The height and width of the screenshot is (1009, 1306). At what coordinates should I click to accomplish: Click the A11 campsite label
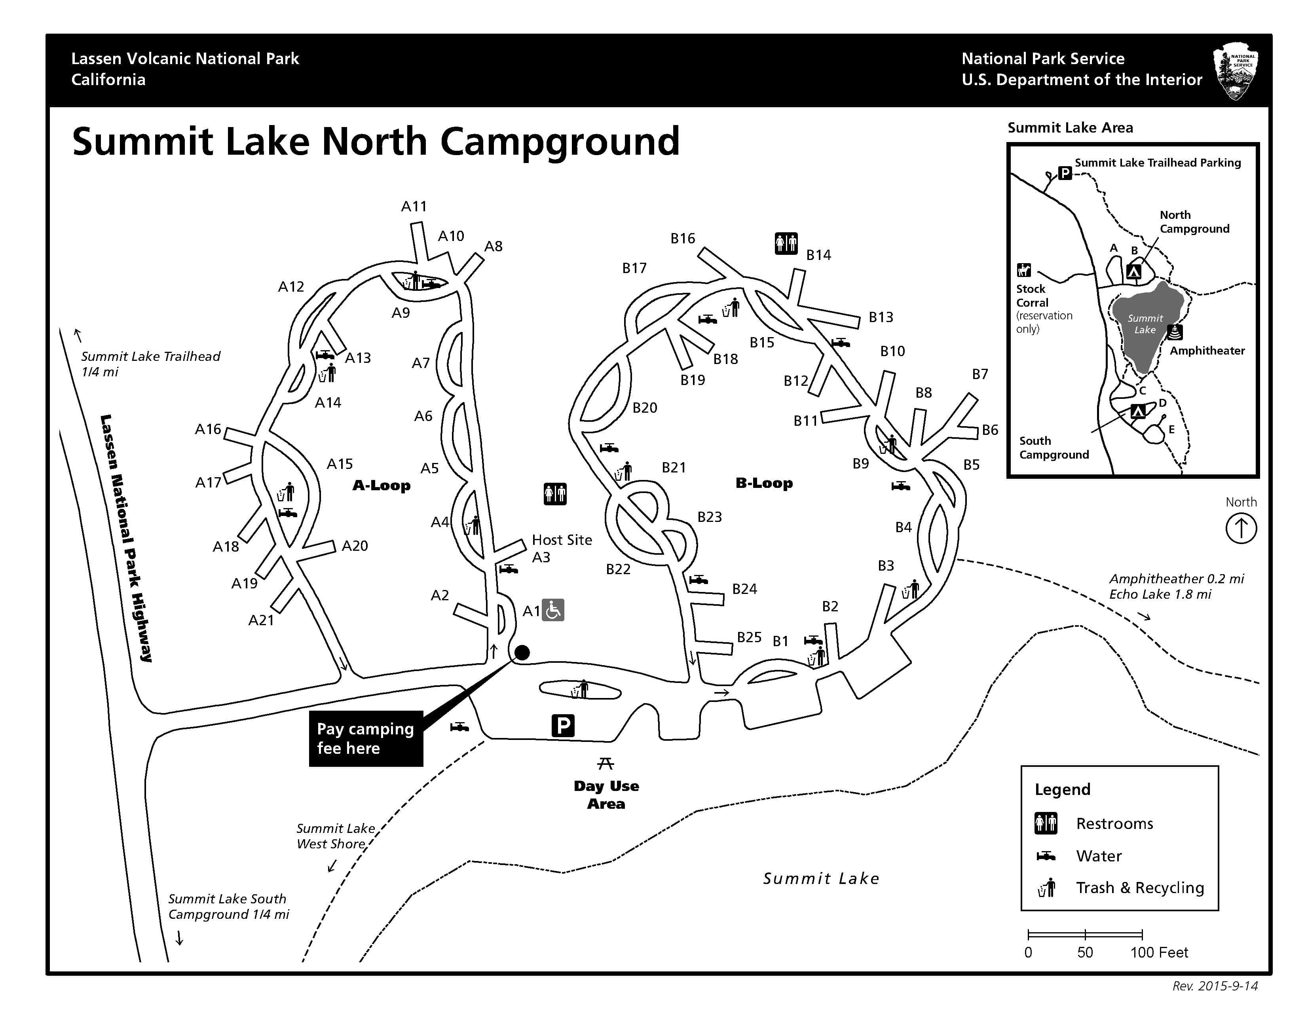click(x=414, y=206)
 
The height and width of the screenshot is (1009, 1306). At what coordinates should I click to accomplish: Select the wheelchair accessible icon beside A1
click(x=553, y=610)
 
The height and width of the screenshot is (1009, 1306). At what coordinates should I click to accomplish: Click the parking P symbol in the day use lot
click(x=563, y=726)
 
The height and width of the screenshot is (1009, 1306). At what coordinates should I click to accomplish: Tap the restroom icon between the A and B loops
click(x=555, y=494)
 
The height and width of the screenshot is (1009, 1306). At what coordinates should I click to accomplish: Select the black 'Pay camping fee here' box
click(x=366, y=738)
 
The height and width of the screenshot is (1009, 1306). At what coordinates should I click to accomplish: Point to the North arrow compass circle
click(x=1241, y=528)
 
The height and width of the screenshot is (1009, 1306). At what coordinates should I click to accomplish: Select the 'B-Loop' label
click(x=764, y=483)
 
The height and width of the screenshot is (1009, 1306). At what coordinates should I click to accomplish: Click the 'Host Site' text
click(x=562, y=540)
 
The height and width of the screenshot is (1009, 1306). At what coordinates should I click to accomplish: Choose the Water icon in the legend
click(x=1046, y=856)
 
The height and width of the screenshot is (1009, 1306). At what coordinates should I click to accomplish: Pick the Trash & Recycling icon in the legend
click(x=1046, y=888)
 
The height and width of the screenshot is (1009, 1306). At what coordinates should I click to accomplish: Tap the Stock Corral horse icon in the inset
click(x=1024, y=270)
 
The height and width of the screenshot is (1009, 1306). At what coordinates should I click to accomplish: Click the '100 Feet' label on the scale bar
click(x=1158, y=952)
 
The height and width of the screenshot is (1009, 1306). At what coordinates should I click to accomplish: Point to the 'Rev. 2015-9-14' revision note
click(x=1215, y=986)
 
